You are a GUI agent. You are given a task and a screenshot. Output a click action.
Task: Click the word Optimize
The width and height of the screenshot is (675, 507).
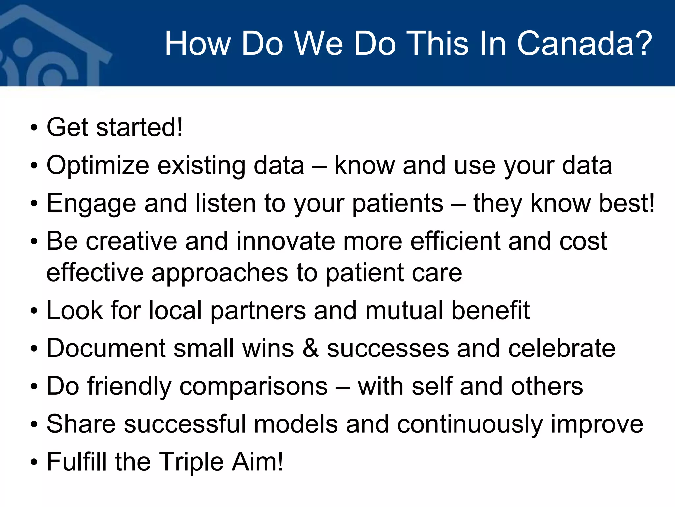pos(98,165)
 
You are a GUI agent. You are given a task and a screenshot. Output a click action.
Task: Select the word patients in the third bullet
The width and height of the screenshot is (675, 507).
pos(397,203)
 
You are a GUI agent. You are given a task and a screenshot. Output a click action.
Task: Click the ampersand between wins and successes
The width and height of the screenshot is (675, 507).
pos(310,348)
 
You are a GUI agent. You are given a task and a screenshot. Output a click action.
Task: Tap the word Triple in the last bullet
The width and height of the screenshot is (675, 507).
pos(191,462)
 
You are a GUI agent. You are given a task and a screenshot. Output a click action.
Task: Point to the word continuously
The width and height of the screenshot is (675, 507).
pos(470,424)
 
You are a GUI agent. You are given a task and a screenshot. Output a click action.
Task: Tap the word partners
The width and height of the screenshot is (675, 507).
pos(258,311)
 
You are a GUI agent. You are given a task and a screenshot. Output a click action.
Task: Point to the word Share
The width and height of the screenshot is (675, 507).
pos(81,424)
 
